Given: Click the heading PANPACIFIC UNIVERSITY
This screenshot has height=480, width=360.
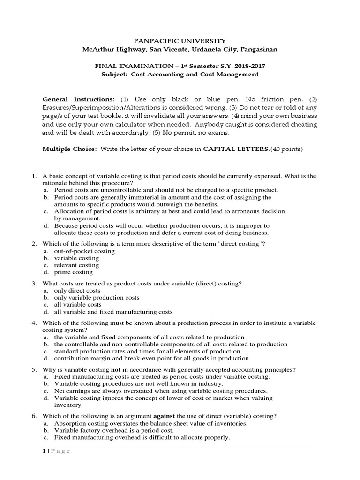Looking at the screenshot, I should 180,41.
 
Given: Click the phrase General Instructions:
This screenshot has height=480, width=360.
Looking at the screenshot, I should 78,100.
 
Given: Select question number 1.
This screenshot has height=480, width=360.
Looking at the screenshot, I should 34,176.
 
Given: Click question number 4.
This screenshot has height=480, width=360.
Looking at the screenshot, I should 34,323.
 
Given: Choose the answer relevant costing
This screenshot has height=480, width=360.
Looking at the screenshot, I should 76,265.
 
